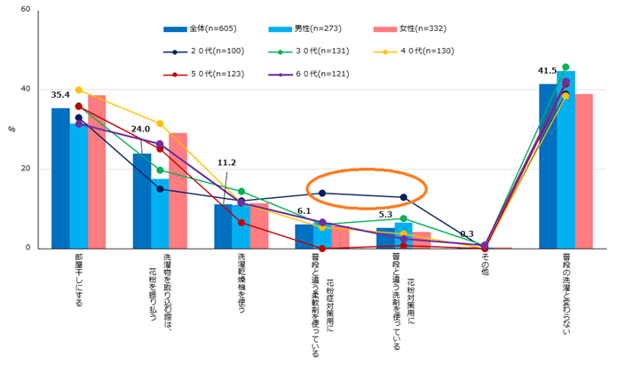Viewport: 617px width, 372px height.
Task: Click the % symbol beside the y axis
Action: (12, 130)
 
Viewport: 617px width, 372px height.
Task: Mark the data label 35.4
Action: (60, 95)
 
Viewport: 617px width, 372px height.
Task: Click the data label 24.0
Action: (141, 129)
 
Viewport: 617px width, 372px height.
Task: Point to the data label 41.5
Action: (548, 70)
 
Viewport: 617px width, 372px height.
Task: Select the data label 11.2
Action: (226, 162)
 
